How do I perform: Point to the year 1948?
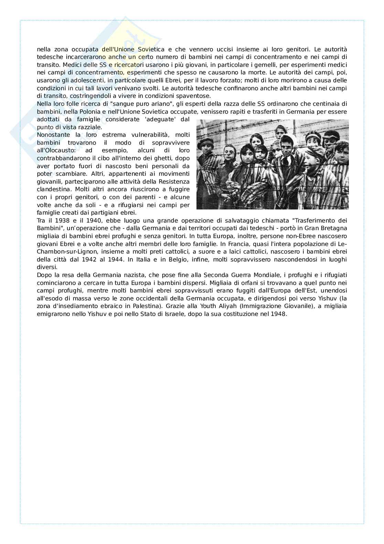pos(278,314)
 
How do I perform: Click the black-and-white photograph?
pos(272,164)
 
